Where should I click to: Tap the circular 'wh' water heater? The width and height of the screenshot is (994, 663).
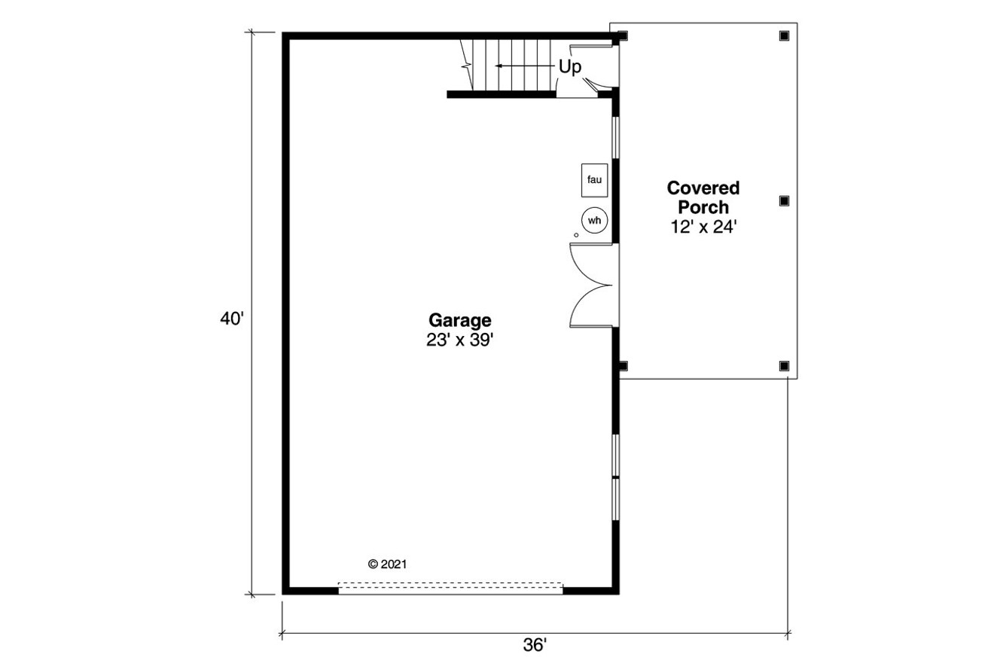coord(594,221)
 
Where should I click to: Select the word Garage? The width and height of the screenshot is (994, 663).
coord(460,319)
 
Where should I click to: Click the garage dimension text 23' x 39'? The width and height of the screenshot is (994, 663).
coord(459,340)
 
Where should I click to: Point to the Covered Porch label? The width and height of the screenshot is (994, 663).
coord(703,197)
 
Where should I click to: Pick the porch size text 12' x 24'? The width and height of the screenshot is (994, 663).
coord(703,226)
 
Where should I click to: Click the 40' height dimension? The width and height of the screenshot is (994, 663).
coord(232,319)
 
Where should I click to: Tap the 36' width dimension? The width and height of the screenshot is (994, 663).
coord(535,646)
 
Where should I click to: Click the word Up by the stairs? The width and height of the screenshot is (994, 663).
coord(570,67)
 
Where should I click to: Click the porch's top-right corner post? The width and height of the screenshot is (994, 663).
coord(784,35)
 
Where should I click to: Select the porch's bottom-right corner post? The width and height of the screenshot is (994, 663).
coord(784,365)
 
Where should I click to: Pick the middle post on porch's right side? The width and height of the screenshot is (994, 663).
coord(784,200)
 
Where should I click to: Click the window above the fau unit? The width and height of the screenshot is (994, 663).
coord(615,137)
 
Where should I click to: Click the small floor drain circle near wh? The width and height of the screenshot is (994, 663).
coord(577,236)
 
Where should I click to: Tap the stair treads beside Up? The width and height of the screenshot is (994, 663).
coord(512,66)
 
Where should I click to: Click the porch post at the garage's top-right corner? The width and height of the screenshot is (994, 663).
coord(624,35)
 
